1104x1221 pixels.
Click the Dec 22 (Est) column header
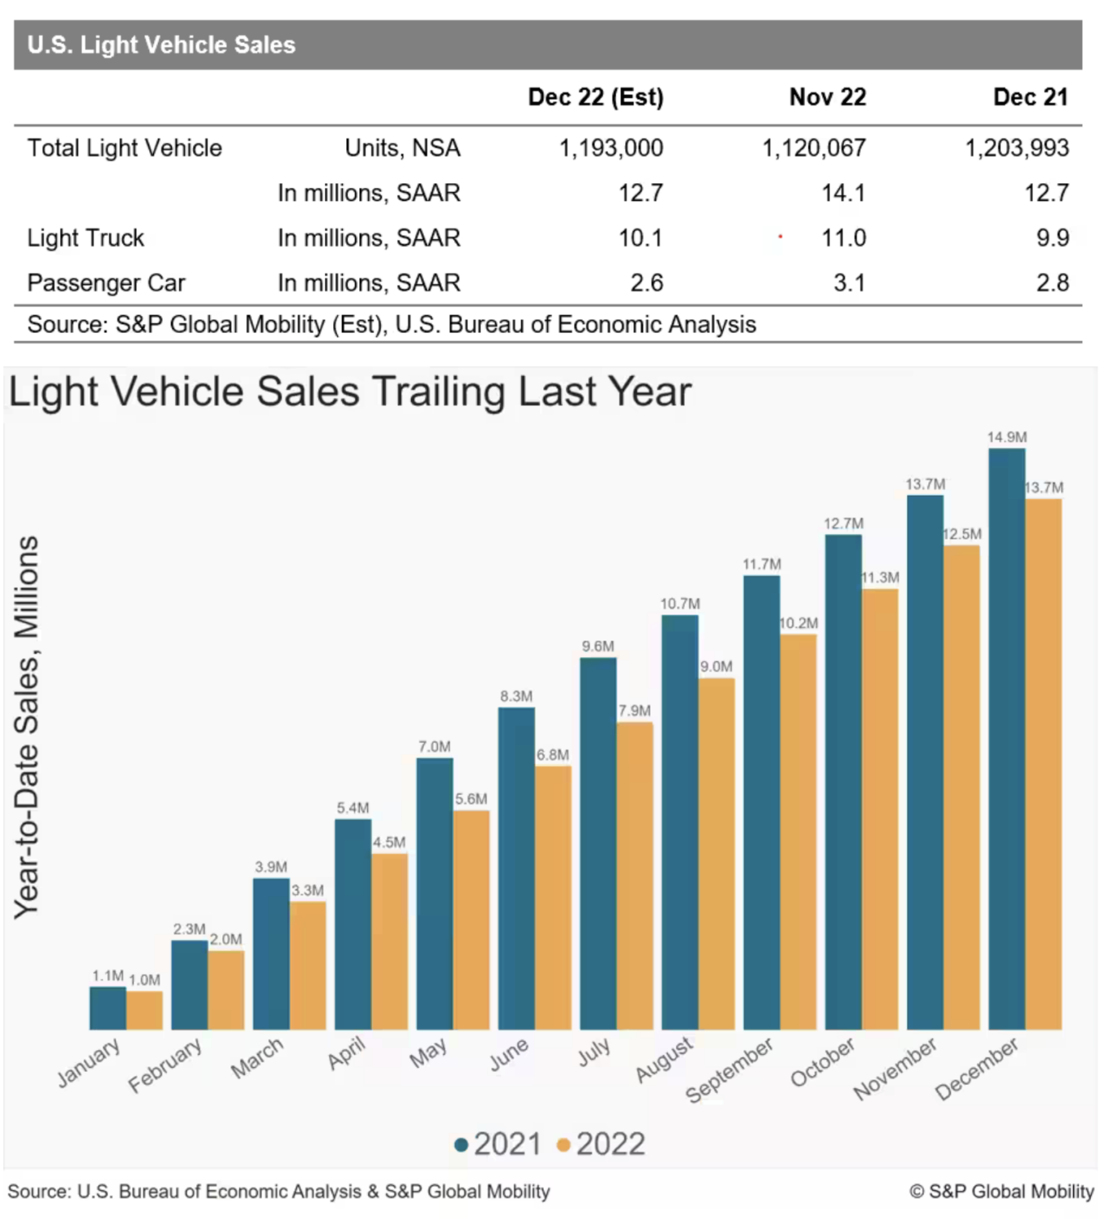coord(595,98)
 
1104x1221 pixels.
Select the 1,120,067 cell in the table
coord(814,148)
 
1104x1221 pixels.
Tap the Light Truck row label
coord(85,238)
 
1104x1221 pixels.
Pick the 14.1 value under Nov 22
coord(843,193)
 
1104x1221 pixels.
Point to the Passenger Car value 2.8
coord(1053,283)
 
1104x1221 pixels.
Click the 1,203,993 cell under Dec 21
coord(1017,148)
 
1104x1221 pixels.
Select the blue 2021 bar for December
coord(1006,739)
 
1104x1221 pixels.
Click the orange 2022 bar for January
coord(144,1010)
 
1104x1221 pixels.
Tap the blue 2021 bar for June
coord(516,869)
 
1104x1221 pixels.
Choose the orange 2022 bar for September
coord(799,832)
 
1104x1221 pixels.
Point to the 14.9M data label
coord(1007,437)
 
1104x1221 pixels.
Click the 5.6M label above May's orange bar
coord(471,799)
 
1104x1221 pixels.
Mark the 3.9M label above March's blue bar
coord(271,867)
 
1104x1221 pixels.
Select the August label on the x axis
coord(664,1060)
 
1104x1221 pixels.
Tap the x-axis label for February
coord(164,1066)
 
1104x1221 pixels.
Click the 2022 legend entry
coord(602,1144)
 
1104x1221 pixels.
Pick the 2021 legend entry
coord(498,1144)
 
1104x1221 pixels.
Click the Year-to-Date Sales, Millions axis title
coord(26,728)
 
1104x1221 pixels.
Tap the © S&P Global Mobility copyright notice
coord(1001,1191)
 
